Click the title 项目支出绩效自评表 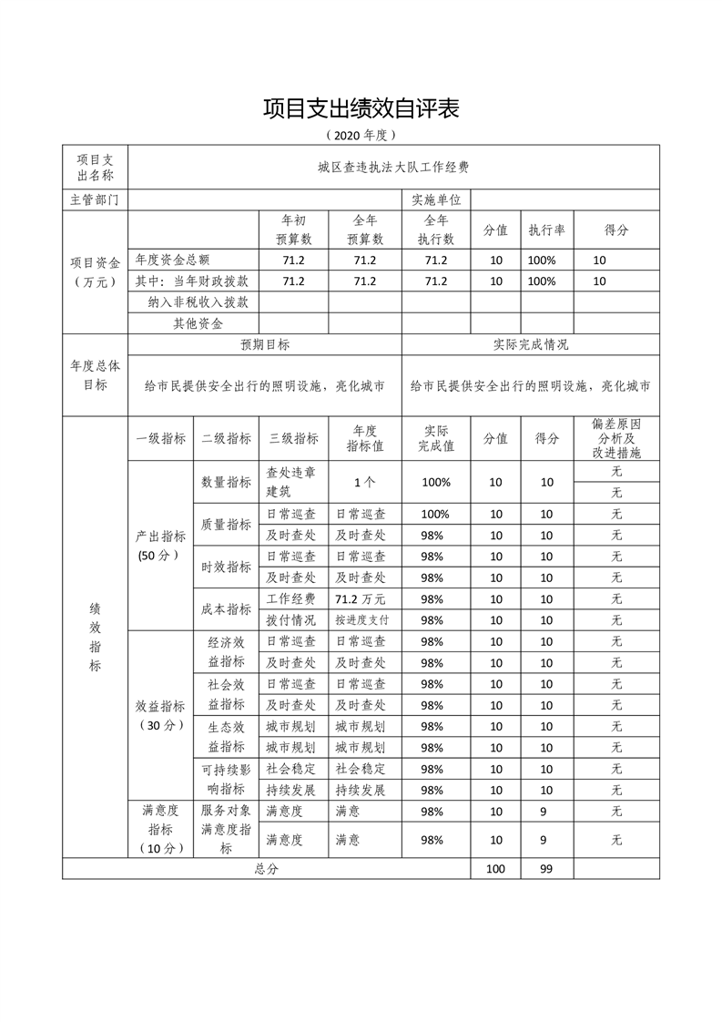[x=361, y=108]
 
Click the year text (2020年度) [x=361, y=135]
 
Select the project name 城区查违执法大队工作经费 [x=393, y=167]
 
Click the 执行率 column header [x=546, y=230]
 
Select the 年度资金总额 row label [x=178, y=260]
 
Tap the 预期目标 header [x=265, y=345]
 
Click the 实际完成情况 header [x=531, y=345]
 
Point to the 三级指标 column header [x=293, y=438]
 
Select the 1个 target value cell [x=363, y=482]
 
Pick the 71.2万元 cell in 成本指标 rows [x=361, y=598]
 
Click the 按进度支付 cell [x=361, y=619]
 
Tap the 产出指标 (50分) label [x=159, y=545]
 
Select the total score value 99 [x=546, y=869]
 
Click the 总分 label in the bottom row [x=266, y=869]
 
